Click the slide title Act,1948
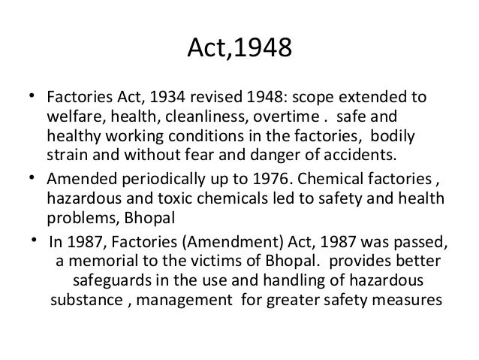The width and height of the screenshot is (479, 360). click(x=239, y=52)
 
